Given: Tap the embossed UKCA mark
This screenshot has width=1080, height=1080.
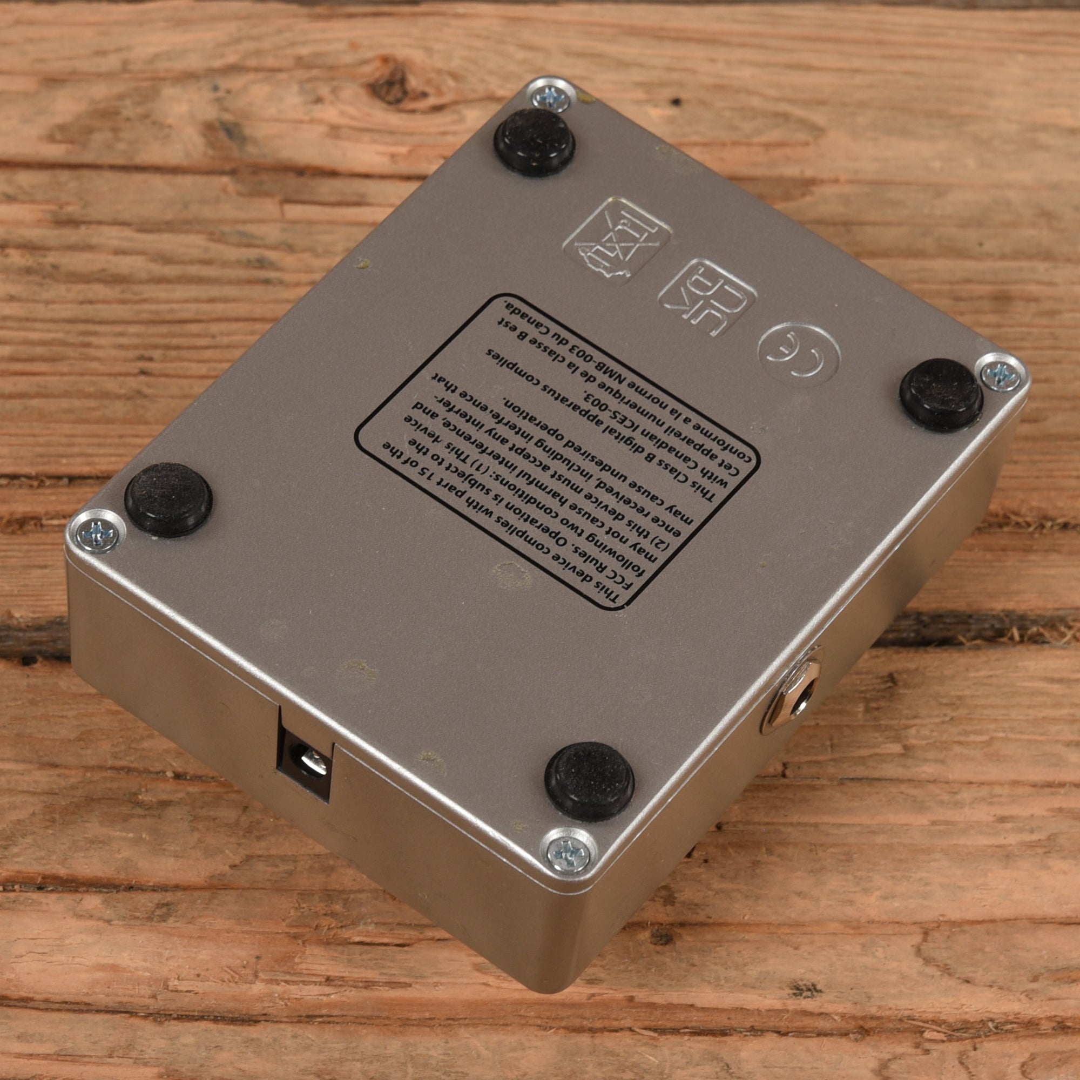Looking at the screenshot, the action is click(707, 298).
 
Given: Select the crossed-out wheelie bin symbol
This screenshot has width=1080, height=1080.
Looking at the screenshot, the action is click(617, 240).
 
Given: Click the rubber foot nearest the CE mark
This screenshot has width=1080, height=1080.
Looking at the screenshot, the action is click(941, 395).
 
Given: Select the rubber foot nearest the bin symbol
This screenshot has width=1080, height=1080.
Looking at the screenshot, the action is click(535, 142).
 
